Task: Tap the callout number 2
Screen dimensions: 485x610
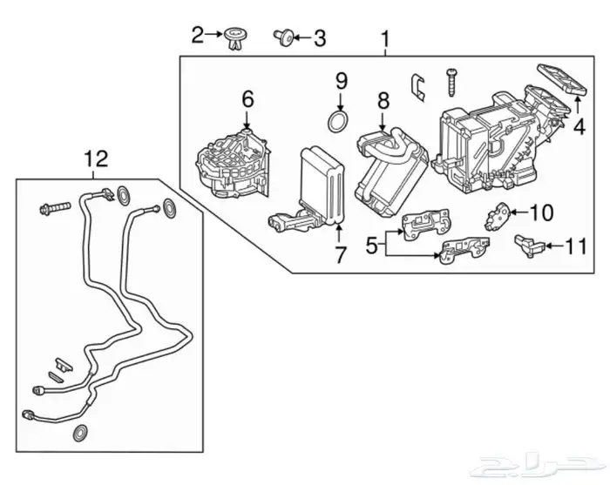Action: (x=198, y=35)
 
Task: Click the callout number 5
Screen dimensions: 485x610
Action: (x=372, y=246)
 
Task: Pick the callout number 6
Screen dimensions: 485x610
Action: (x=247, y=99)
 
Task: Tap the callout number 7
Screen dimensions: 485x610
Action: (x=340, y=254)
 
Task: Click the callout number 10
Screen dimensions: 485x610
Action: (x=541, y=212)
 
